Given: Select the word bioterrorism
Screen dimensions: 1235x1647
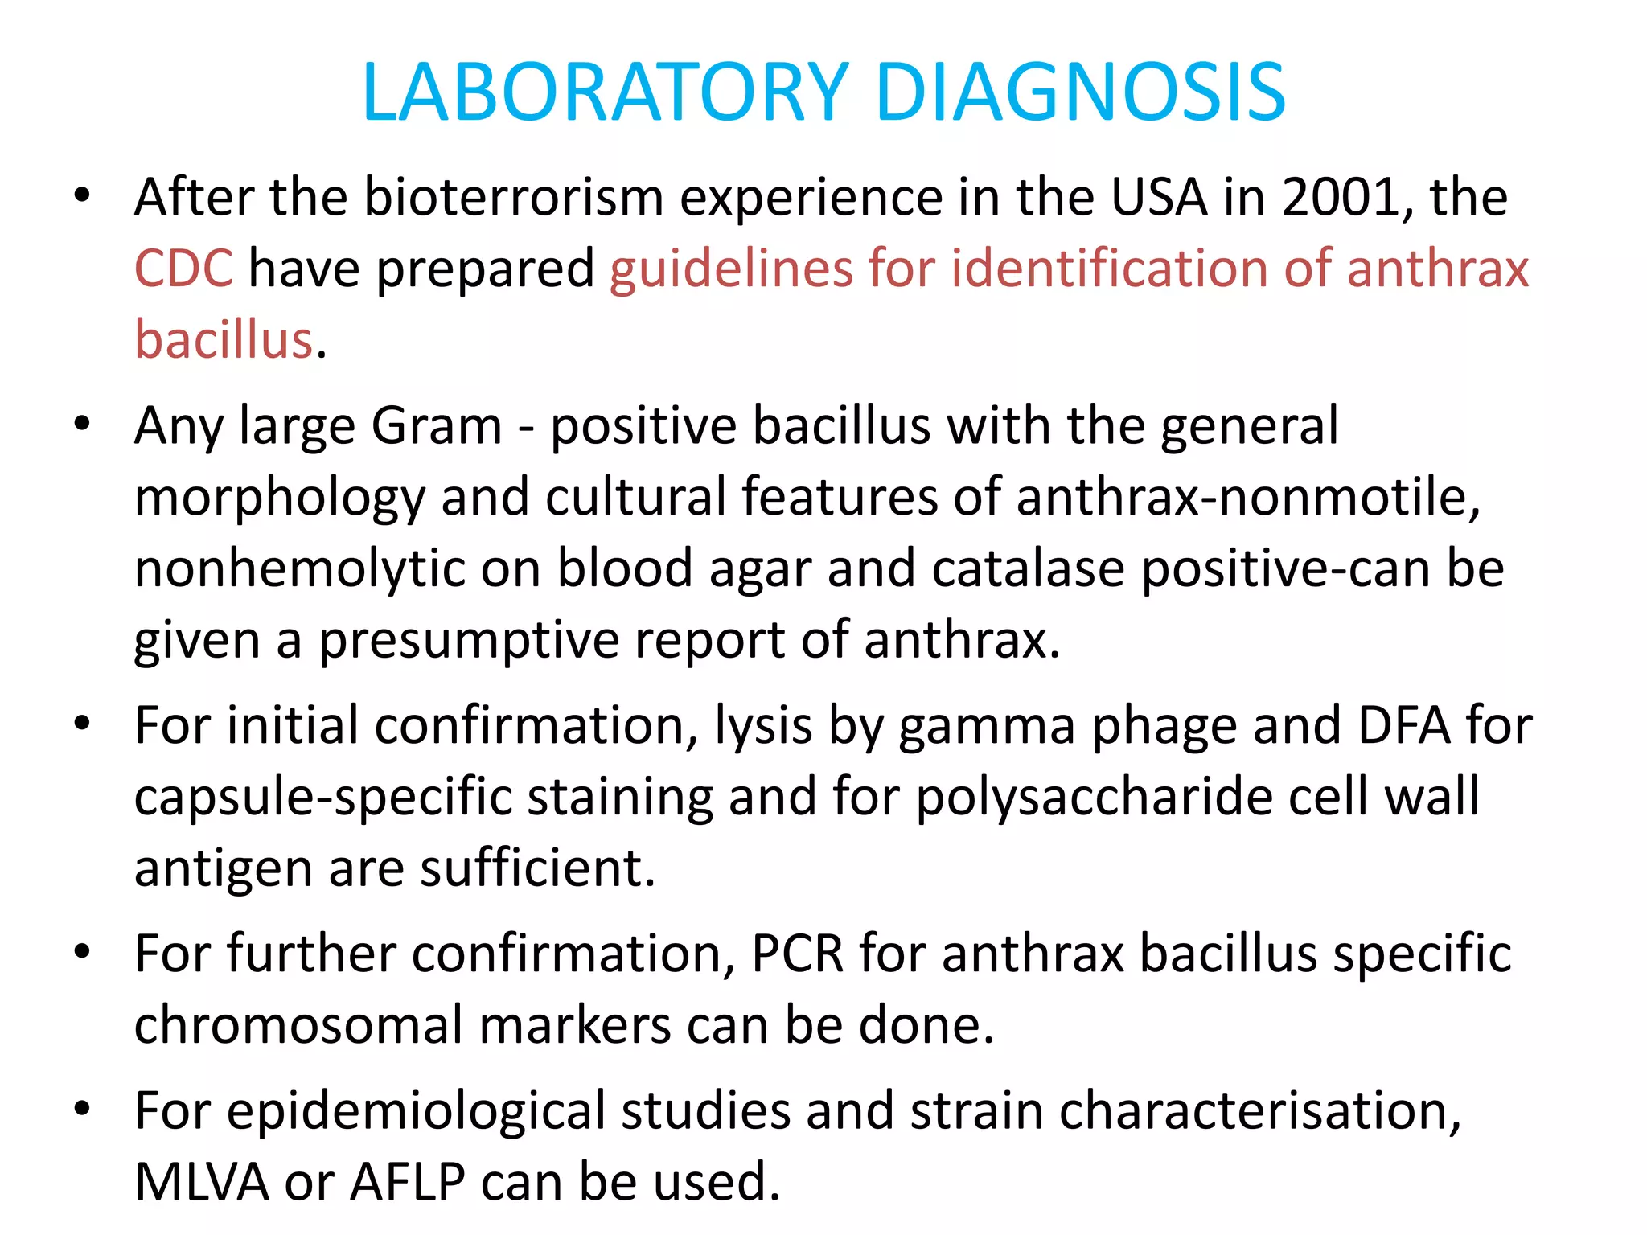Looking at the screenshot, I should coord(514,197).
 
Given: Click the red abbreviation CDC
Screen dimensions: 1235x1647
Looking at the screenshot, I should coord(183,268).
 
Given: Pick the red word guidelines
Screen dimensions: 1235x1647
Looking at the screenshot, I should coord(731,269).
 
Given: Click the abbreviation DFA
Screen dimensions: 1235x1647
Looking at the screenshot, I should coord(1403,725).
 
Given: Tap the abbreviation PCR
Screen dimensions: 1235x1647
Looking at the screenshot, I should coord(797,954).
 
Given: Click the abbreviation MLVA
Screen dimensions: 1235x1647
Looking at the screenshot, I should coord(201,1182).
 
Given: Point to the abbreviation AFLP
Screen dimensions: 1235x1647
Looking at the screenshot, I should coord(408,1182).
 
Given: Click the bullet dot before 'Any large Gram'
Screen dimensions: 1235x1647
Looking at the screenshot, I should coord(82,424).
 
